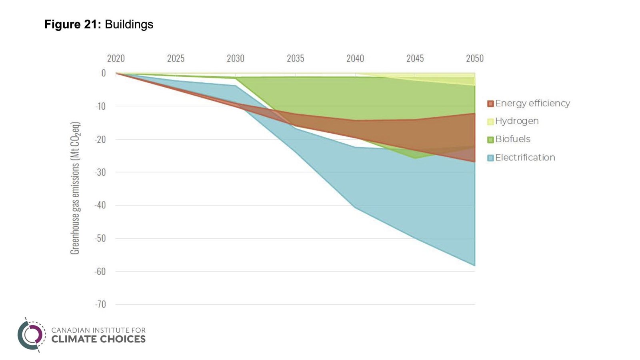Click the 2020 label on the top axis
pyautogui.click(x=116, y=58)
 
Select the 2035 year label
pyautogui.click(x=295, y=58)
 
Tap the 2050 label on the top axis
pyautogui.click(x=474, y=58)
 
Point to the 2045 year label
pyautogui.click(x=415, y=58)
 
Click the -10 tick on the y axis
pyautogui.click(x=100, y=106)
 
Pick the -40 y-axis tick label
pyautogui.click(x=100, y=205)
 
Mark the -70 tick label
pyautogui.click(x=100, y=304)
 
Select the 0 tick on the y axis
pyautogui.click(x=104, y=73)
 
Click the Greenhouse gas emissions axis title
pyautogui.click(x=75, y=188)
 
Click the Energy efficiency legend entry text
pyautogui.click(x=532, y=104)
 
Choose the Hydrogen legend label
pyautogui.click(x=517, y=121)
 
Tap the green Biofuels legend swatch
pyautogui.click(x=490, y=140)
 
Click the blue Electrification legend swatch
pyautogui.click(x=490, y=158)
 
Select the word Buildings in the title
pyautogui.click(x=129, y=24)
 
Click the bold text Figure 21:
pyautogui.click(x=73, y=24)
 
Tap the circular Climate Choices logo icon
pyautogui.click(x=31, y=335)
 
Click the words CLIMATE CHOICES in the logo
pyautogui.click(x=98, y=339)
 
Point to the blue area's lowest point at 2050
pyautogui.click(x=474, y=265)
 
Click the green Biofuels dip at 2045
pyautogui.click(x=415, y=158)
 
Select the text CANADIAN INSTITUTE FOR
pyautogui.click(x=98, y=330)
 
